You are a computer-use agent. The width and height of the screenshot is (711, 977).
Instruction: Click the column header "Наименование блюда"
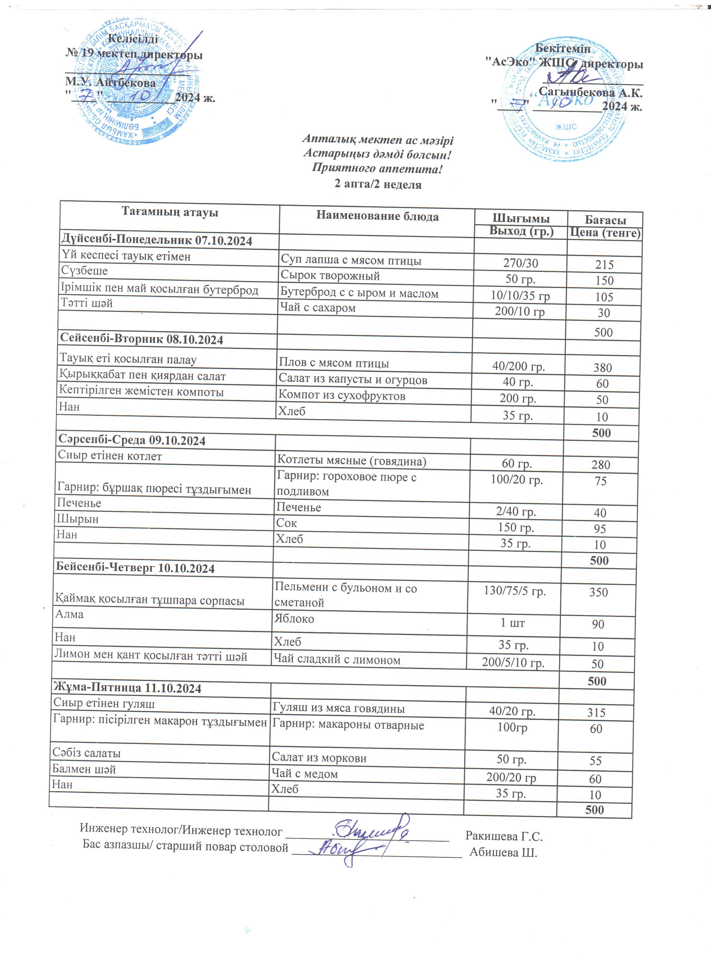click(x=377, y=216)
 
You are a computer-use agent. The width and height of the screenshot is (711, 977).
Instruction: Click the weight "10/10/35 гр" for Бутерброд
click(x=520, y=295)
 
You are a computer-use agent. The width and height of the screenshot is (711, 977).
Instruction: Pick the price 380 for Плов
click(x=602, y=367)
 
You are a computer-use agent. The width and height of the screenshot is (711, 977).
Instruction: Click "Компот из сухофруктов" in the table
click(x=342, y=395)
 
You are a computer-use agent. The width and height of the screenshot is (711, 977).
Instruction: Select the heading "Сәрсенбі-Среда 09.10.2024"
click(x=132, y=440)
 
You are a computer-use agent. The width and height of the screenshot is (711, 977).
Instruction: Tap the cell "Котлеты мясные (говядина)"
click(x=351, y=461)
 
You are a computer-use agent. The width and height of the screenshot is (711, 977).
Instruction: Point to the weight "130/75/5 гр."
click(x=514, y=591)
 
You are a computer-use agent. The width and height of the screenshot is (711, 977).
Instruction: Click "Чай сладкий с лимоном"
click(x=337, y=660)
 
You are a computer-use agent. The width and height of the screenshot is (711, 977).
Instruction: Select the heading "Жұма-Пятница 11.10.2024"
click(x=127, y=688)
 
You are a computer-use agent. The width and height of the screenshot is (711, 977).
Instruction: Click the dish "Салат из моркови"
click(x=319, y=758)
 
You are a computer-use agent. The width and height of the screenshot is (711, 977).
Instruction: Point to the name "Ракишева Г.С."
click(x=504, y=837)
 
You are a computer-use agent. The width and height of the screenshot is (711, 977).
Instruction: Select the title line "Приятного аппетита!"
click(x=377, y=168)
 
